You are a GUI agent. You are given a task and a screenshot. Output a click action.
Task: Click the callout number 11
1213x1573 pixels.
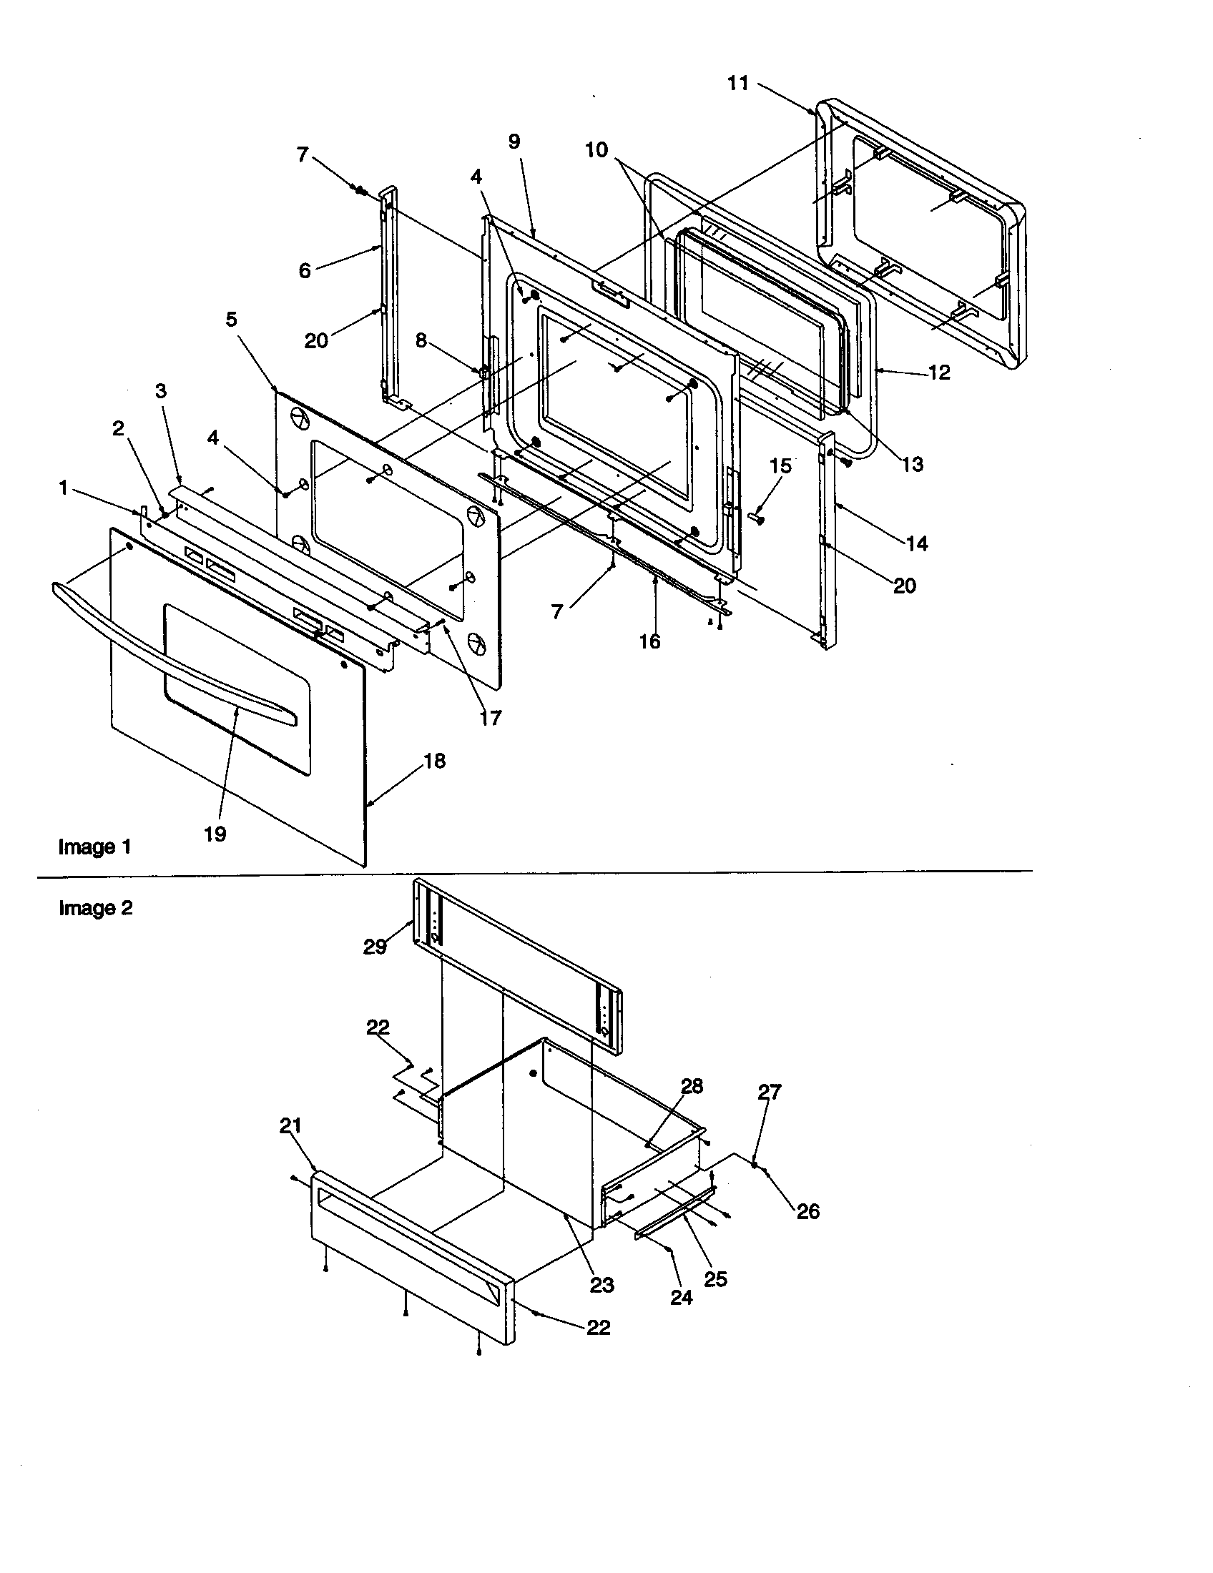(x=737, y=84)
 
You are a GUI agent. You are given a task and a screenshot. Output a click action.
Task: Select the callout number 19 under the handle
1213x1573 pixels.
(x=215, y=834)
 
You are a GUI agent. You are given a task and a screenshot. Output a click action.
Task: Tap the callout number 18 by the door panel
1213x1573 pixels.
(x=434, y=761)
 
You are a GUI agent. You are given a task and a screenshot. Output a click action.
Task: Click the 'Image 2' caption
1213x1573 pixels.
(x=96, y=908)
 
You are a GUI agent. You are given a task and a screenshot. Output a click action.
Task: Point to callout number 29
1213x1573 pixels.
(x=375, y=947)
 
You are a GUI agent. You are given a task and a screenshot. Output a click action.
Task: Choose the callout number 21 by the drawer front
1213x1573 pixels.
(x=290, y=1125)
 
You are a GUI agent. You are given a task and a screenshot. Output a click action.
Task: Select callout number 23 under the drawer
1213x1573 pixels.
(x=601, y=1284)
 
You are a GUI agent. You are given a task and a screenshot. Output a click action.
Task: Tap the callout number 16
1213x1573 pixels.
(x=649, y=641)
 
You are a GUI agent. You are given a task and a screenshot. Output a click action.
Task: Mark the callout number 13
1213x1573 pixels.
(x=912, y=464)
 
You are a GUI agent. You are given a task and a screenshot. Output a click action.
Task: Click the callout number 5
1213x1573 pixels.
(x=231, y=319)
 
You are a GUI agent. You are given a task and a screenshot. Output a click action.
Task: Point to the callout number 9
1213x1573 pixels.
(x=514, y=141)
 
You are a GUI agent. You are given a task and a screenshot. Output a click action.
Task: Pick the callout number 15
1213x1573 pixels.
(x=781, y=466)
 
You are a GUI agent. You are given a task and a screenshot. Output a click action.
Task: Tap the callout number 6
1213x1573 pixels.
(x=305, y=271)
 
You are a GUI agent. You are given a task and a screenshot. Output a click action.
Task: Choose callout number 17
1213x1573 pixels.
(x=491, y=717)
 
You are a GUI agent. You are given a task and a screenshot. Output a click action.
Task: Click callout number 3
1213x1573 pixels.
(x=161, y=390)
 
